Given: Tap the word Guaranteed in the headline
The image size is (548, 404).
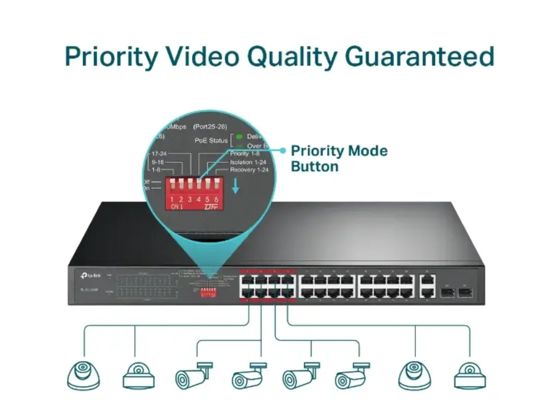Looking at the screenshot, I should pyautogui.click(x=420, y=57).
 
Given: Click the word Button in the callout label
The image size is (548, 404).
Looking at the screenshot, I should pyautogui.click(x=314, y=167).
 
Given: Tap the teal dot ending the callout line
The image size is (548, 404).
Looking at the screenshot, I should pyautogui.click(x=283, y=151).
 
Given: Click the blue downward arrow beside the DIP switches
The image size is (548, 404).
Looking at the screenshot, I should pyautogui.click(x=235, y=187).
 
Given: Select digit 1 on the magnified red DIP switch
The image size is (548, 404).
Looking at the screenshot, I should pyautogui.click(x=171, y=199).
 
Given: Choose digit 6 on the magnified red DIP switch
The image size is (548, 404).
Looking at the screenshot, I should pyautogui.click(x=216, y=199).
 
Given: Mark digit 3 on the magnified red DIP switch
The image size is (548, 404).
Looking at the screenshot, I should pyautogui.click(x=190, y=199).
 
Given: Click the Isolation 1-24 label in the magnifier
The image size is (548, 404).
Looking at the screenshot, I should pyautogui.click(x=249, y=162).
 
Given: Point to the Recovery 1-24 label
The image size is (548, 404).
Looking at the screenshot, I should pyautogui.click(x=250, y=170).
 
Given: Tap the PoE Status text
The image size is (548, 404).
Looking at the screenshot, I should pyautogui.click(x=211, y=140).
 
